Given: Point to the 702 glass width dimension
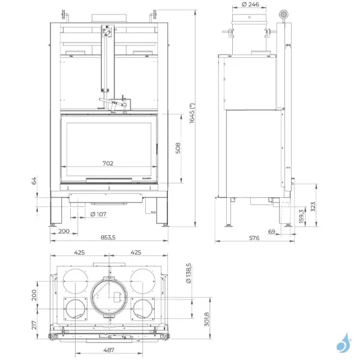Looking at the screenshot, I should pyautogui.click(x=108, y=163).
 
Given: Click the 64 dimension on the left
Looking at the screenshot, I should pyautogui.click(x=35, y=179).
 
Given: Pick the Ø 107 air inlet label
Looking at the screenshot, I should pyautogui.click(x=98, y=214).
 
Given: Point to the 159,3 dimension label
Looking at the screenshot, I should pyautogui.click(x=301, y=215).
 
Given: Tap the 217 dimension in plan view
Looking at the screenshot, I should pyautogui.click(x=35, y=325).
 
